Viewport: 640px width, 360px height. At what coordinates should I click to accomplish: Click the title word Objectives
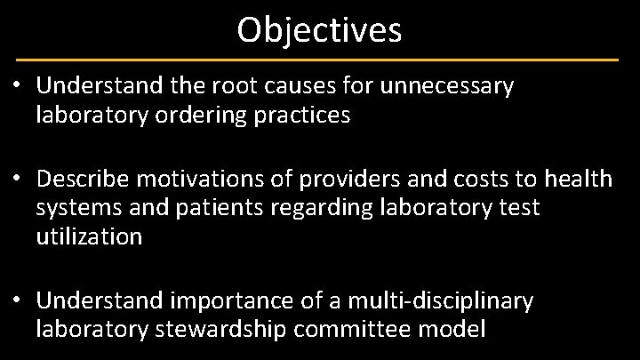click(319, 29)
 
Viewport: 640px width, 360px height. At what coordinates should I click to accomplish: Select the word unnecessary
click(447, 87)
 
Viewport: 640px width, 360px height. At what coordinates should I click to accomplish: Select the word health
click(580, 180)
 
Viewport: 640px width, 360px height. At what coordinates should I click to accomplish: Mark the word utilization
click(89, 236)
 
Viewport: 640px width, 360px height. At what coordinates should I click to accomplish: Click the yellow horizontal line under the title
click(319, 60)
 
